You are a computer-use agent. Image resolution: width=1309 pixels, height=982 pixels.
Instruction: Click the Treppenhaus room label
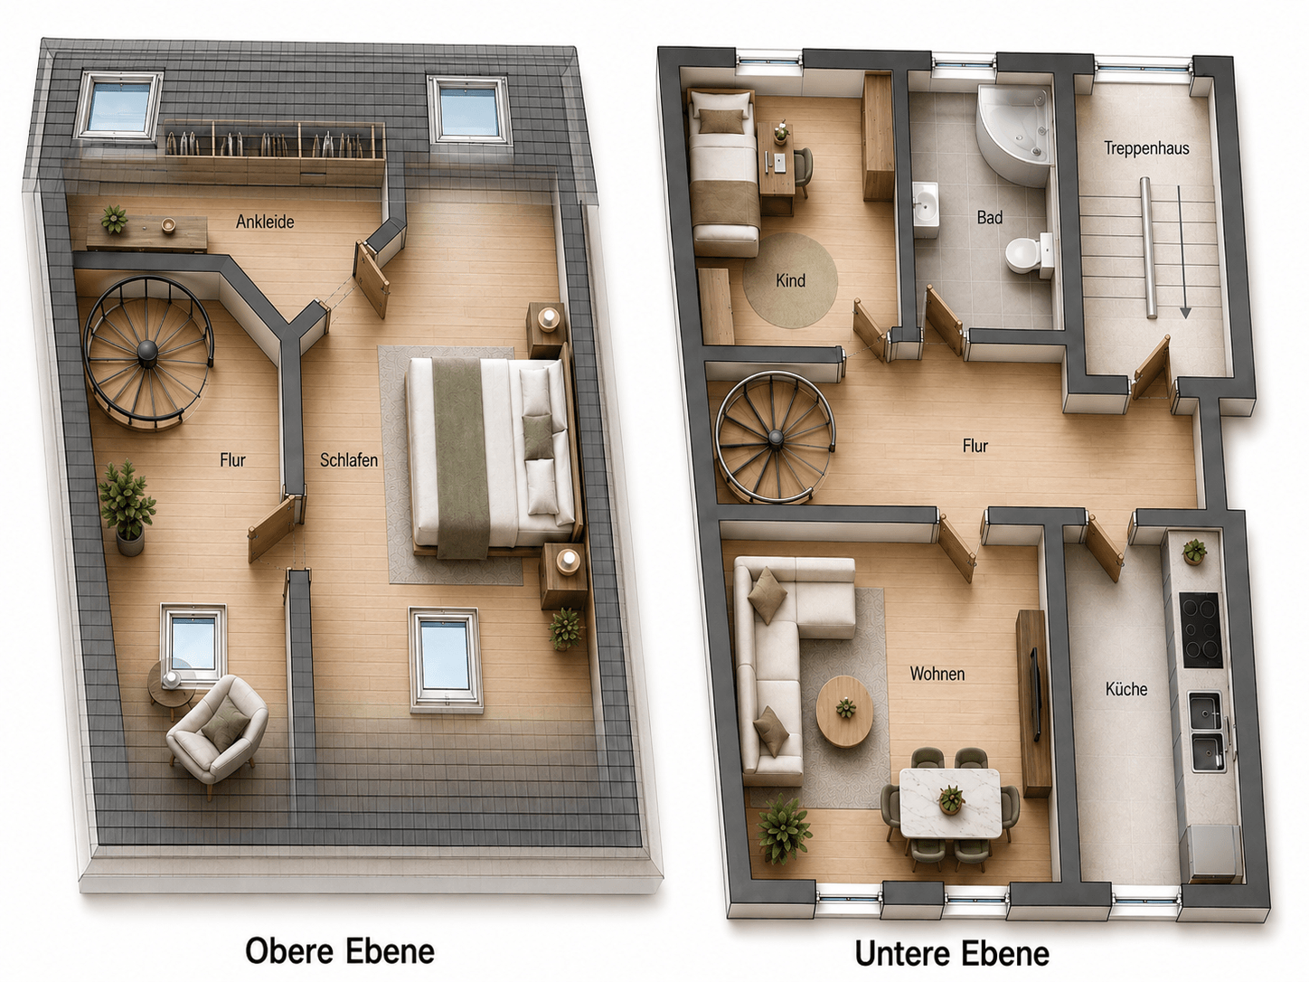1146,148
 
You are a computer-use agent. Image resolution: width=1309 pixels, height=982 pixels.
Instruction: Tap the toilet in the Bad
1029,255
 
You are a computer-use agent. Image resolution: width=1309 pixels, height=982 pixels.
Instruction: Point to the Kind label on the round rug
790,280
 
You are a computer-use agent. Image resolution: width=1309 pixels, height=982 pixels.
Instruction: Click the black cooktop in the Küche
1201,629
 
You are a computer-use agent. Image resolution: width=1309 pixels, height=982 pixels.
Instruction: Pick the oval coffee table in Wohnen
844,712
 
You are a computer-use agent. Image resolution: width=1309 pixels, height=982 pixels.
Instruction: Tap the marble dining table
950,803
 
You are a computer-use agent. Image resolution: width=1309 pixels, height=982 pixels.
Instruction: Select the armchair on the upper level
218,728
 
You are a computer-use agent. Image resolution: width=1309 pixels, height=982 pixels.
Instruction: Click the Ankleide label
265,222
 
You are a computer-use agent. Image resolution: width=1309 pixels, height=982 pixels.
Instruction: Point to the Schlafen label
349,459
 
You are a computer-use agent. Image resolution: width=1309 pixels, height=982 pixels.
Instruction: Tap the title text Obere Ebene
340,951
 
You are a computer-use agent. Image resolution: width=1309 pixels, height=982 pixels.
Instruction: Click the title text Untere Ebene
953,953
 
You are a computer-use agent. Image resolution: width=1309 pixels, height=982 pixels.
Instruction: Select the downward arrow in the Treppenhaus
1182,252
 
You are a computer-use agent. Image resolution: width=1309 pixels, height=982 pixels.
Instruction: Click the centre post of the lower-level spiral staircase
776,439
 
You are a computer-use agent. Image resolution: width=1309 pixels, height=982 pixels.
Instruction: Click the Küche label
1126,689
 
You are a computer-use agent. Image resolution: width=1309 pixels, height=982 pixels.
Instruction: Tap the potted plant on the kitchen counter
1194,552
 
